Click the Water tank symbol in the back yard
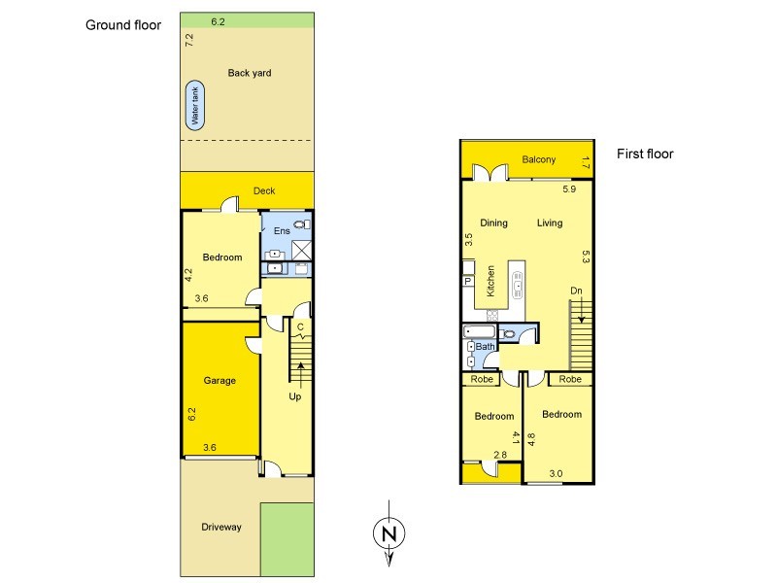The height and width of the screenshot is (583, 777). click(196, 105)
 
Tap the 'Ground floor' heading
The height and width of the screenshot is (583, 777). click(123, 25)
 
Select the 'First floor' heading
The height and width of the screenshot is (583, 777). click(645, 154)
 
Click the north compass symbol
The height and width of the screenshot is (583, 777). click(388, 532)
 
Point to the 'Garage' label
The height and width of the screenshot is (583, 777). click(220, 381)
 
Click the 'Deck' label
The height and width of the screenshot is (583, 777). click(264, 191)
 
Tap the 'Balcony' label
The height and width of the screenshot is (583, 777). click(537, 160)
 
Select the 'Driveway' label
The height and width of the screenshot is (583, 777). click(220, 527)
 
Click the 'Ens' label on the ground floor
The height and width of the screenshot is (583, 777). click(282, 230)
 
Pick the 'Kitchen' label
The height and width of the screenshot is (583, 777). click(491, 281)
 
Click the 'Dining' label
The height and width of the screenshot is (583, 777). click(493, 223)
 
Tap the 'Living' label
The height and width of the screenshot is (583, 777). click(550, 223)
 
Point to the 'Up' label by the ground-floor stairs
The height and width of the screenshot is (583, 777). click(295, 396)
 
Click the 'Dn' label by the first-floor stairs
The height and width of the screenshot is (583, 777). click(576, 291)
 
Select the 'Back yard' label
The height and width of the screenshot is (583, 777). click(250, 73)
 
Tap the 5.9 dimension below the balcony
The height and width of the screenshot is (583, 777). click(569, 189)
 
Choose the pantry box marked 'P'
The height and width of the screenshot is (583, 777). click(467, 281)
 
